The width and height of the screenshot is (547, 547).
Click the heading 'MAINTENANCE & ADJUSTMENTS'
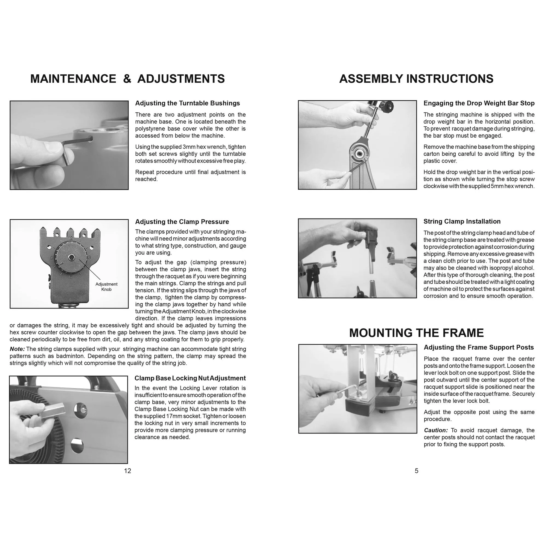click(127, 79)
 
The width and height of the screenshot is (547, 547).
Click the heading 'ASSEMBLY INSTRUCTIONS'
click(416, 79)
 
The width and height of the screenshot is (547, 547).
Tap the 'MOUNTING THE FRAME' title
click(416, 333)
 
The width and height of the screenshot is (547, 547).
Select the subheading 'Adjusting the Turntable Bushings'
click(187, 103)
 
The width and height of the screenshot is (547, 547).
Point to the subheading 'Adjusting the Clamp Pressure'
click(182, 222)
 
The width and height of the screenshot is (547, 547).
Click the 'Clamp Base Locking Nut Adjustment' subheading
click(190, 378)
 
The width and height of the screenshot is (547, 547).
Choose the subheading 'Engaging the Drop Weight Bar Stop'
click(479, 103)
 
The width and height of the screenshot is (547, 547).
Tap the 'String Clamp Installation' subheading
click(462, 222)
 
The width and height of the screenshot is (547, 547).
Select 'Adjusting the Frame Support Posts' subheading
click(478, 347)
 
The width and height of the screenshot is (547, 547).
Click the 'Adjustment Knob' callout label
click(106, 287)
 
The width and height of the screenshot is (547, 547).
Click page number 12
click(127, 471)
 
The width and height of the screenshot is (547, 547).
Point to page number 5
click(417, 471)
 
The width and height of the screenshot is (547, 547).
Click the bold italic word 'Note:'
click(17, 349)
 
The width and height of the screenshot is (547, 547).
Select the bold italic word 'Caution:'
click(436, 430)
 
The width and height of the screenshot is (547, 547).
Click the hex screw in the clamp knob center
click(71, 257)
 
